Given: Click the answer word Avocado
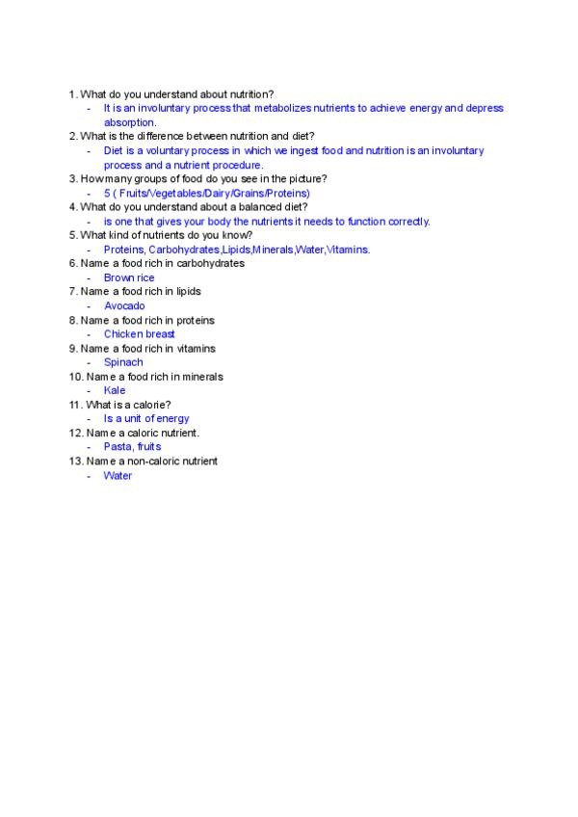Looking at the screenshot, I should (124, 305).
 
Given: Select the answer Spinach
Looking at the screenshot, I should (123, 362).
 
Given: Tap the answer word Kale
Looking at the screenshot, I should (115, 390).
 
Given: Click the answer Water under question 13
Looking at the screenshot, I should (118, 475).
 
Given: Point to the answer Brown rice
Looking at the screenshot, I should (129, 277).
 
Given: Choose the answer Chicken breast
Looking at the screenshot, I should (140, 334).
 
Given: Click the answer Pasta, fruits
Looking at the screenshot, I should (132, 446).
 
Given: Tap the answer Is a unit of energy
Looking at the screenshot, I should (146, 418).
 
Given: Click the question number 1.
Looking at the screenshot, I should (72, 94).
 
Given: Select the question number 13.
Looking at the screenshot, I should (75, 461).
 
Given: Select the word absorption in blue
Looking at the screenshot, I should (130, 122).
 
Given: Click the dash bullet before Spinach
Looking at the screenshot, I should (89, 362).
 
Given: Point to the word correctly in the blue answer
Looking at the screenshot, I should (408, 221).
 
